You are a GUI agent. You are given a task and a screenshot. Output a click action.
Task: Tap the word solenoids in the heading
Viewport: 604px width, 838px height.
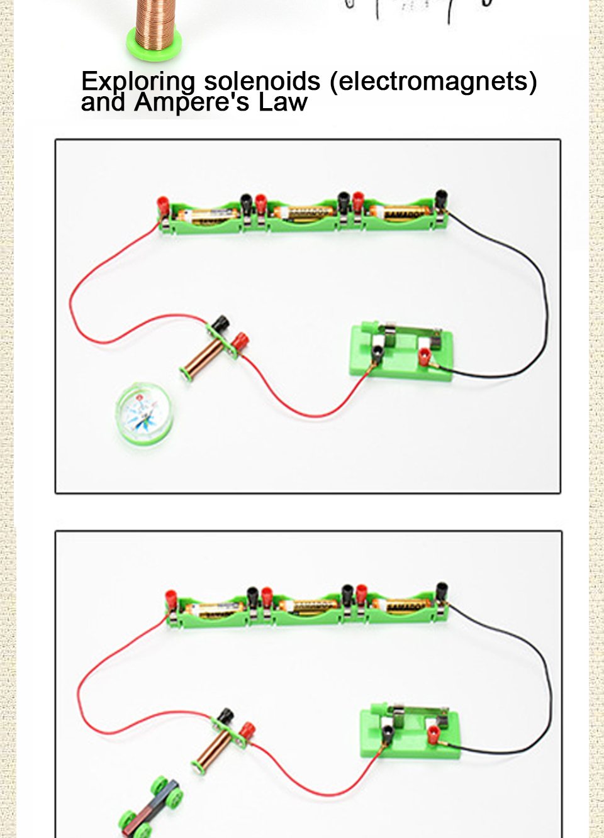(262, 81)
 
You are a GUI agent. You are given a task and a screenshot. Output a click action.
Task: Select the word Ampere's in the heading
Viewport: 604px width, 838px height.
(192, 102)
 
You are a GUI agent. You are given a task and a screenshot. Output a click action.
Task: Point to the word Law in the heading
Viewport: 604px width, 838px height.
(282, 102)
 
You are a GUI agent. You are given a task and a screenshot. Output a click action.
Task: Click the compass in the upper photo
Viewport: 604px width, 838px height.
(144, 414)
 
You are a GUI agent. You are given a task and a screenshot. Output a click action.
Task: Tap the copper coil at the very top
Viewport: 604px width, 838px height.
(154, 28)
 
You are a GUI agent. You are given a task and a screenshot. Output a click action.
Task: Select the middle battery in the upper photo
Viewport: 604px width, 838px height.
(305, 213)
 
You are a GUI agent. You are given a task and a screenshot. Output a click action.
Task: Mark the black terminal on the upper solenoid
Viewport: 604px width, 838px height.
(220, 324)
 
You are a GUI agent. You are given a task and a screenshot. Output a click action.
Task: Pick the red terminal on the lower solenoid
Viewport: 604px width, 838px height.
(247, 730)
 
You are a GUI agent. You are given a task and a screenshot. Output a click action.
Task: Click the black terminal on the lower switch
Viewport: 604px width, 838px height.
(387, 732)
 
